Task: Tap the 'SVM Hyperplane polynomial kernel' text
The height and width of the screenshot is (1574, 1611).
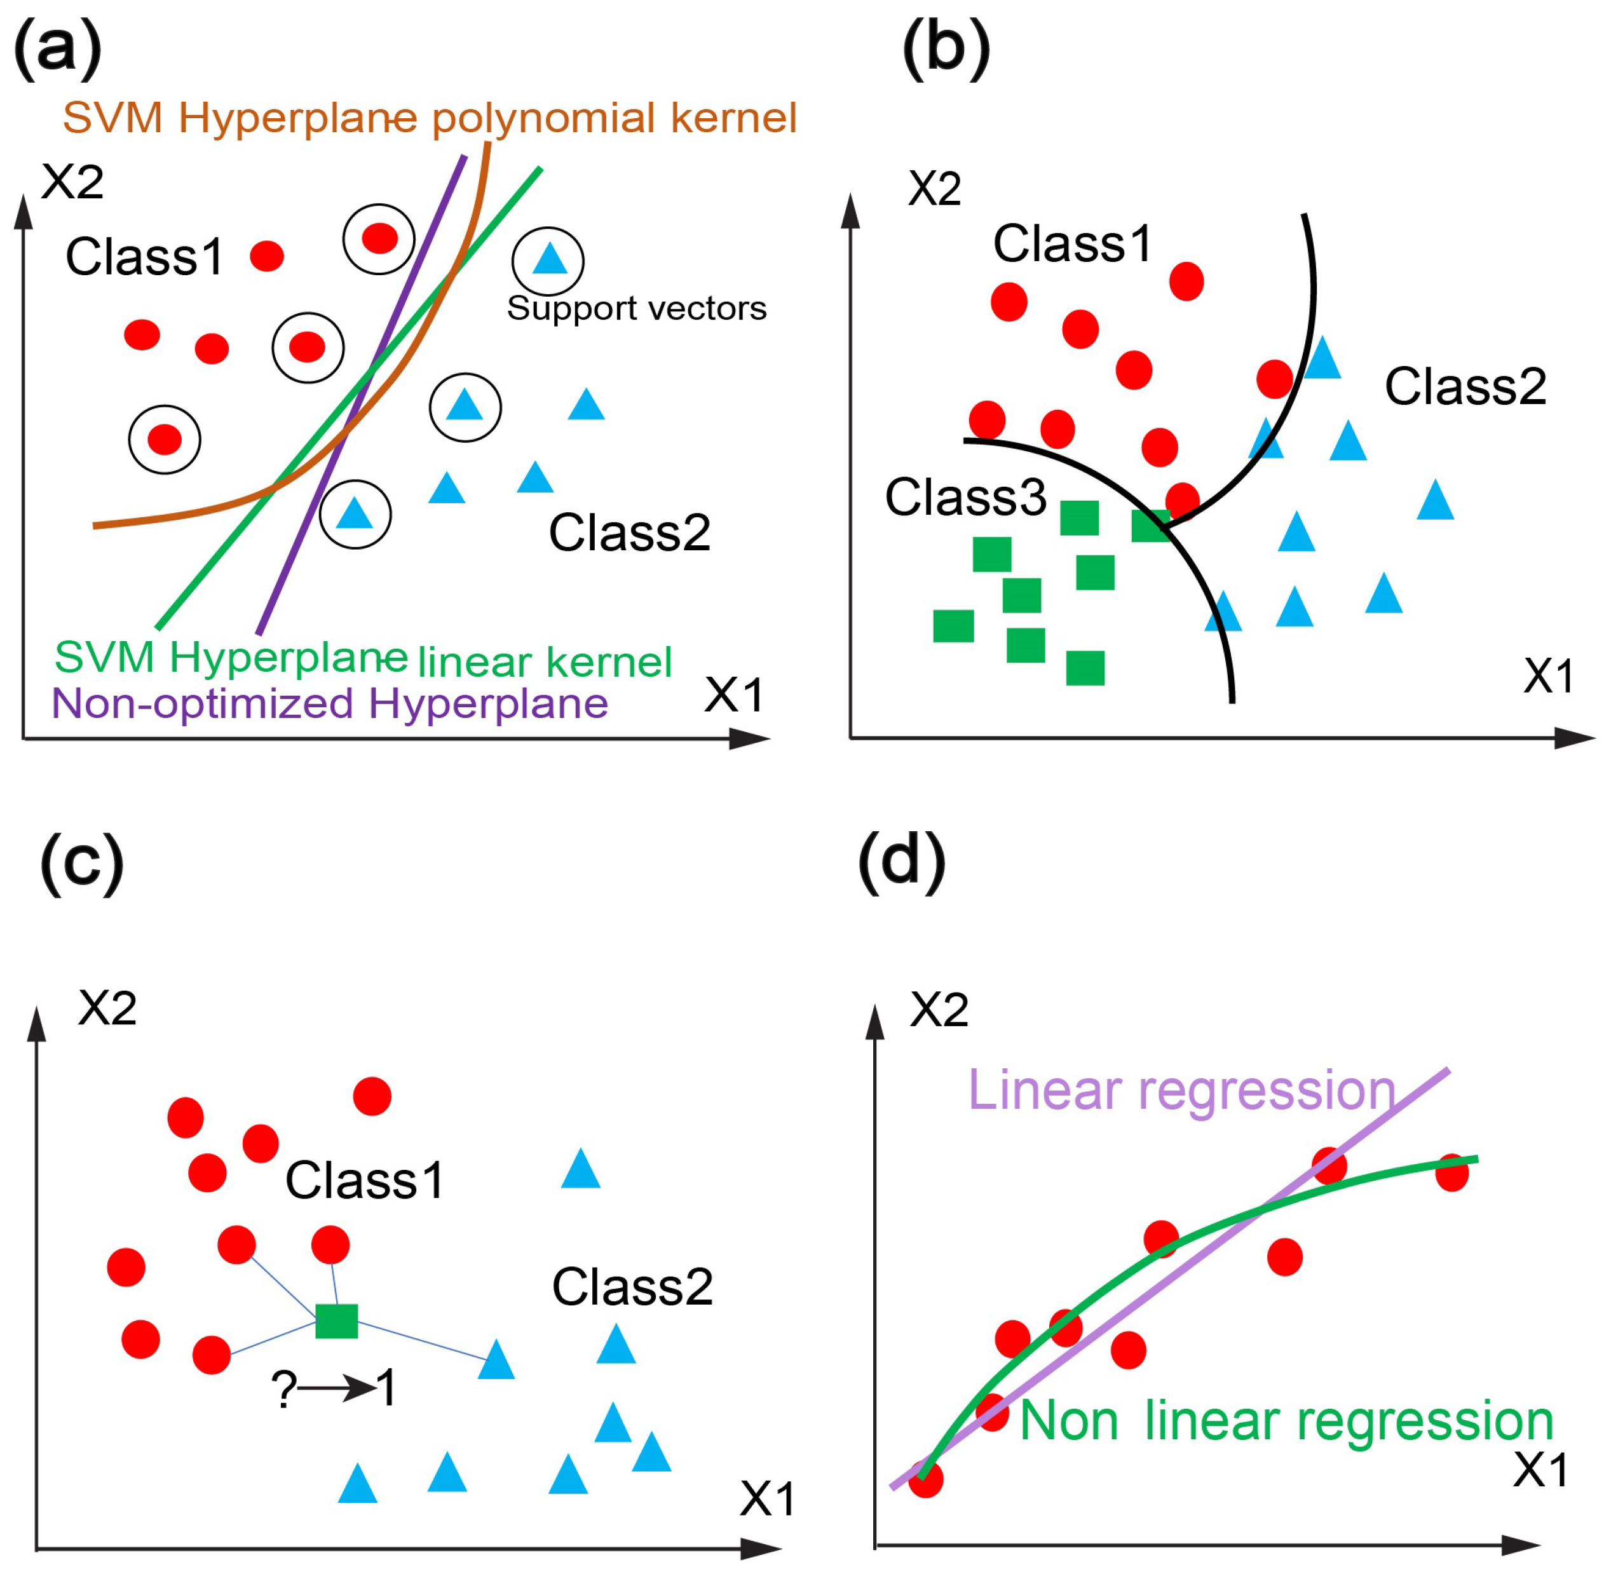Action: coord(429,118)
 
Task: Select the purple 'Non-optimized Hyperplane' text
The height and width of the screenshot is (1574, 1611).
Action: coord(329,704)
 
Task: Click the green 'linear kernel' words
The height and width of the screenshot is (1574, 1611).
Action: coord(544,662)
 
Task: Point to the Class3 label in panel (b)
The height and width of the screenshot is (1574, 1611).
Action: coord(965,498)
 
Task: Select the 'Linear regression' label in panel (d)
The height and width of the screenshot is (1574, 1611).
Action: coord(1181,1090)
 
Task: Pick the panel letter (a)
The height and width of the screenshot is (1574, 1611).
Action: coord(58,48)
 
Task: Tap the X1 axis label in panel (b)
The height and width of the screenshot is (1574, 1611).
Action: coord(1548,676)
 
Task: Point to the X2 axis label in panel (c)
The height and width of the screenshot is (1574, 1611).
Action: coord(107,1008)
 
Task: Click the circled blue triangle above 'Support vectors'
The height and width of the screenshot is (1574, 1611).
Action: coord(549,259)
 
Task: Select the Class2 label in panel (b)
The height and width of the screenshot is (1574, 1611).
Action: coord(1465,386)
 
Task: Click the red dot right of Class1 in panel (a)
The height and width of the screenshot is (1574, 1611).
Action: coord(266,256)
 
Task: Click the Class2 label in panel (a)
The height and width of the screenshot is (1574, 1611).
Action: coord(629,533)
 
